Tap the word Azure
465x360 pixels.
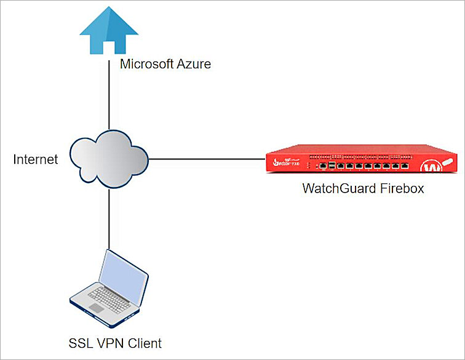point(194,64)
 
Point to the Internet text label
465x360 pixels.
point(36,160)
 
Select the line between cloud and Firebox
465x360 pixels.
point(206,159)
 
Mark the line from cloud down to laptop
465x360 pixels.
point(109,215)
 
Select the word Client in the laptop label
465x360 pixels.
point(145,342)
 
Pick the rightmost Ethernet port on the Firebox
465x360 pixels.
point(405,166)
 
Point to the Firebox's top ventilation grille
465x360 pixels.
point(357,156)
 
